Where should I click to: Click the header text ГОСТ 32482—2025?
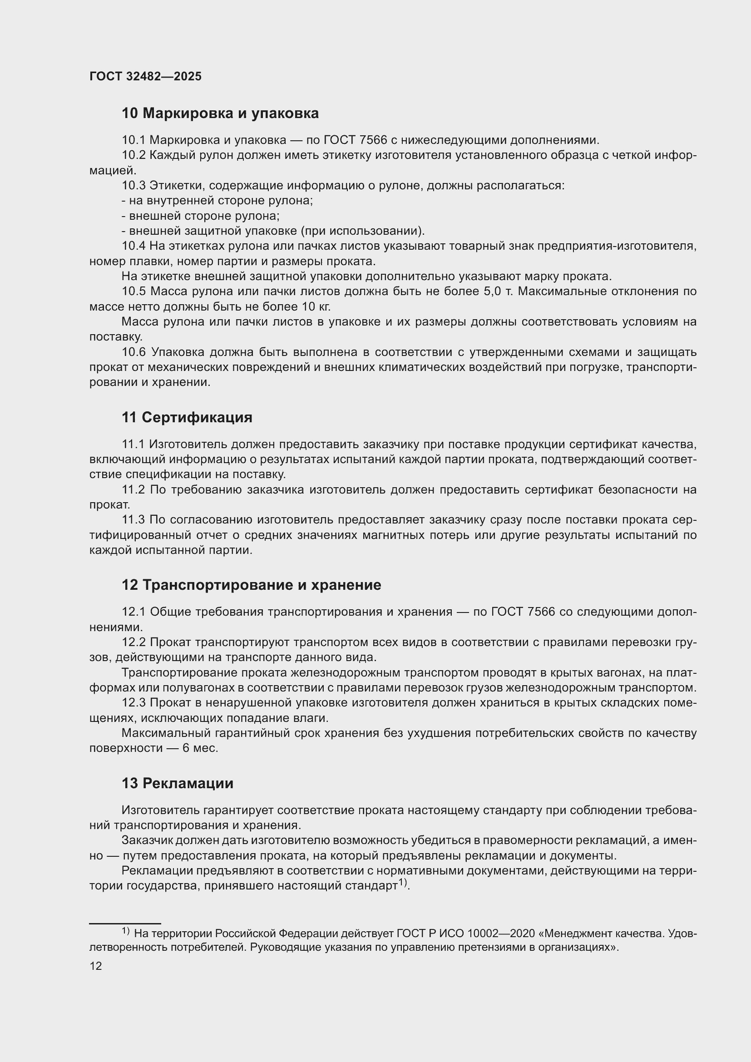pyautogui.click(x=145, y=76)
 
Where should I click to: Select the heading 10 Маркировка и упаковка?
pyautogui.click(x=220, y=114)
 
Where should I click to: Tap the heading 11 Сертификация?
pyautogui.click(x=187, y=417)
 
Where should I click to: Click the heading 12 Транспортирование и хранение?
pyautogui.click(x=251, y=585)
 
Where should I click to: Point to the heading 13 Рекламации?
pyautogui.click(x=178, y=783)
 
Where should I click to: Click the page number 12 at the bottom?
pyautogui.click(x=96, y=966)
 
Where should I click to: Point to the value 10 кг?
pyautogui.click(x=316, y=306)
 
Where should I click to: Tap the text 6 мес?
pyautogui.click(x=200, y=748)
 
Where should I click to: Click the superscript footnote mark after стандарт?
pyautogui.click(x=403, y=883)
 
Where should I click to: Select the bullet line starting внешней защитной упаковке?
pyautogui.click(x=273, y=231)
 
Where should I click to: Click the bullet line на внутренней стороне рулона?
pyautogui.click(x=217, y=200)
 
